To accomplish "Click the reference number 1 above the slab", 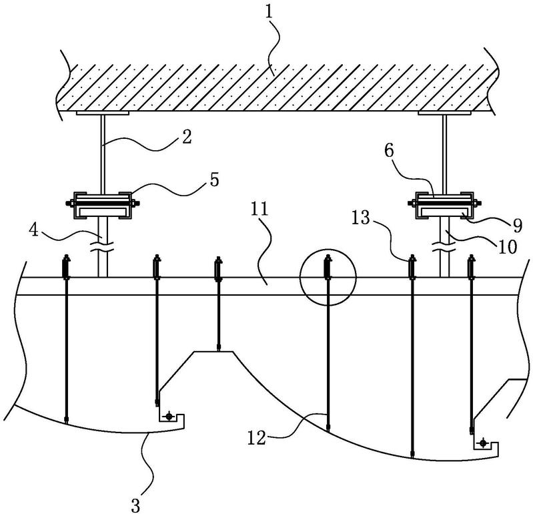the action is (x=270, y=13).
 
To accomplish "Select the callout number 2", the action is (x=187, y=137).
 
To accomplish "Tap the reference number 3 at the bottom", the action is (x=135, y=505).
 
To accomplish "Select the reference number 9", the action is (x=517, y=226).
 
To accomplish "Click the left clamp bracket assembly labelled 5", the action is (x=103, y=205).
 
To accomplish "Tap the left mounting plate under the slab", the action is (x=102, y=113).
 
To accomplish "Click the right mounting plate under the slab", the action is (x=444, y=113).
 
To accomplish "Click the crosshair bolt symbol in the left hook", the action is (x=169, y=416).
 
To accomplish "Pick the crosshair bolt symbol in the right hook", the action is (x=483, y=443).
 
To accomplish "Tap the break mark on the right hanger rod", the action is (x=444, y=246).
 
